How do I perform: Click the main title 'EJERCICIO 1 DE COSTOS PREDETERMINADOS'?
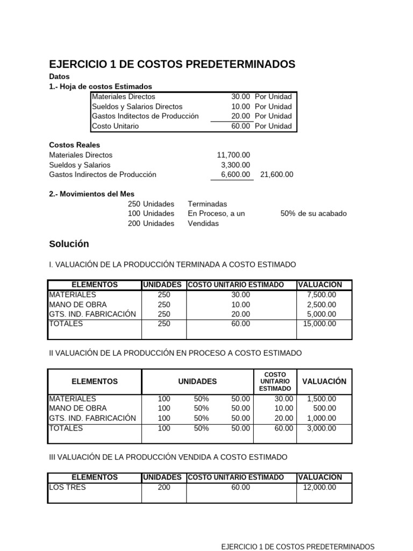click(172, 65)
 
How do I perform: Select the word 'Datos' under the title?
click(59, 77)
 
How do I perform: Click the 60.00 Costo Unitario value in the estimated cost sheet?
click(240, 126)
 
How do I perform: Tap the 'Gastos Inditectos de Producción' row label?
click(145, 116)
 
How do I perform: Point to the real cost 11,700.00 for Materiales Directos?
click(233, 155)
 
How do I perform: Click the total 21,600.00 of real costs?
click(276, 174)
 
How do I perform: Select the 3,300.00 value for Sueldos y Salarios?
click(236, 165)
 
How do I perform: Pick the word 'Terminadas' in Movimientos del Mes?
click(207, 204)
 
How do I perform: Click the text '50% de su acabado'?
click(314, 214)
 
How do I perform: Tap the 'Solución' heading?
click(69, 244)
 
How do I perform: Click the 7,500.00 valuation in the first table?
click(321, 295)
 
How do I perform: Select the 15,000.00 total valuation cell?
click(319, 324)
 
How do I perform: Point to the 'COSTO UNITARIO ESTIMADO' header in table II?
click(275, 382)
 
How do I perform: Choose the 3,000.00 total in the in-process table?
click(321, 428)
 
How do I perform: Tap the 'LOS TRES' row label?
click(67, 488)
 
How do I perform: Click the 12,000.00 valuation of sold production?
click(319, 488)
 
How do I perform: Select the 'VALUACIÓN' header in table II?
click(324, 382)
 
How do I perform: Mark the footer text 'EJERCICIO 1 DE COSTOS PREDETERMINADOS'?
click(298, 546)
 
